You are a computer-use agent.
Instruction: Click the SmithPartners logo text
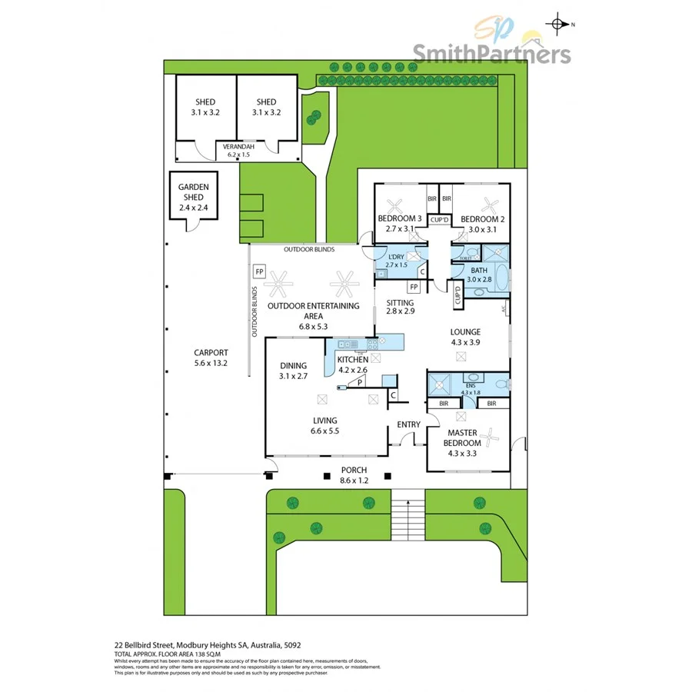(x=492, y=54)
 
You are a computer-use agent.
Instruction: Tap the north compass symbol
(x=557, y=24)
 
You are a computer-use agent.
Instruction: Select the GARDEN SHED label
(x=194, y=191)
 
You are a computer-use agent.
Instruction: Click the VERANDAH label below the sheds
(x=238, y=146)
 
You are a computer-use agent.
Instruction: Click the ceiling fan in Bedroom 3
(x=395, y=205)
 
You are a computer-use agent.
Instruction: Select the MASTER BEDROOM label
(x=465, y=437)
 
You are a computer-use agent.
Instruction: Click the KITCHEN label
(x=351, y=360)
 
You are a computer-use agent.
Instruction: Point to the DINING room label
(x=293, y=366)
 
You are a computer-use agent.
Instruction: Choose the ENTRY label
(x=408, y=424)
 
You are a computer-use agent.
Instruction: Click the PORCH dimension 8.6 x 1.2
(x=354, y=481)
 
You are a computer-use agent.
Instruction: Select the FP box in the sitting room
(x=414, y=288)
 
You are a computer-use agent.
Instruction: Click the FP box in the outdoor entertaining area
(x=259, y=272)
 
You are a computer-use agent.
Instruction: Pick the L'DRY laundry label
(x=397, y=256)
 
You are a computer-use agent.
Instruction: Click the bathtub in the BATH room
(x=502, y=278)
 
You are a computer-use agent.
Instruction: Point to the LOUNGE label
(x=465, y=332)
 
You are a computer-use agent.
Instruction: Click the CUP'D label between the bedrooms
(x=439, y=220)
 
